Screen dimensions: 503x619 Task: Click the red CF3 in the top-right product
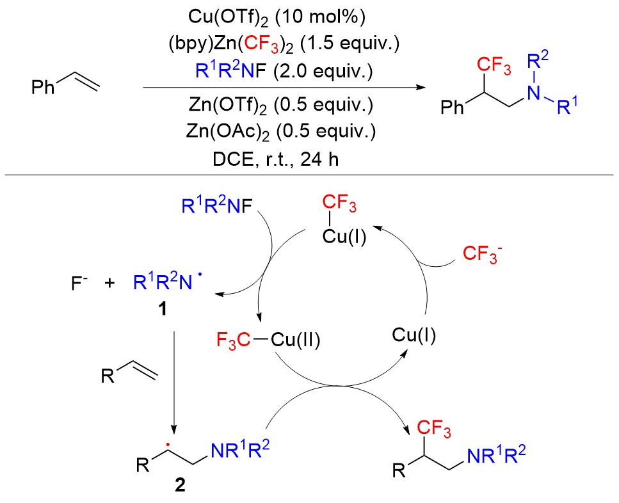[x=491, y=64]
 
